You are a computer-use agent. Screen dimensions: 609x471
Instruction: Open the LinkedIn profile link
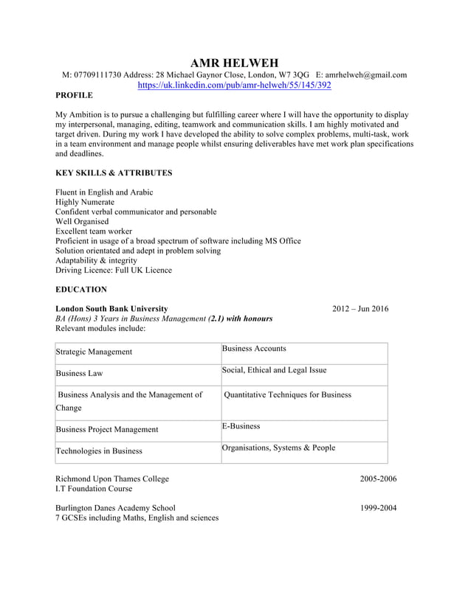click(235, 86)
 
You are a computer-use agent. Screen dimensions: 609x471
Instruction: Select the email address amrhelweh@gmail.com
click(366, 75)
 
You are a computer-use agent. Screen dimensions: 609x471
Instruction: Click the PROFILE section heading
click(75, 96)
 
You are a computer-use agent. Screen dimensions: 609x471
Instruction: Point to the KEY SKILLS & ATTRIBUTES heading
click(114, 173)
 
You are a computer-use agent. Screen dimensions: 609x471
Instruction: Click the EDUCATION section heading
click(81, 290)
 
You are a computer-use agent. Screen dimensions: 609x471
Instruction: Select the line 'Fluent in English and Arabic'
click(104, 192)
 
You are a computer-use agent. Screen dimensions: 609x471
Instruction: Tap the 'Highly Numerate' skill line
click(85, 202)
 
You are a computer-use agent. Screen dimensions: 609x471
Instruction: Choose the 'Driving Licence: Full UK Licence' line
click(114, 270)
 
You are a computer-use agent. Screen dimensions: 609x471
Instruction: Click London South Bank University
click(111, 309)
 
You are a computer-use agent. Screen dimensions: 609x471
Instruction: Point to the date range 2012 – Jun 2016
click(360, 309)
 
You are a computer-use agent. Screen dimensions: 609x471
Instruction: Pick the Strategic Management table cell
click(94, 352)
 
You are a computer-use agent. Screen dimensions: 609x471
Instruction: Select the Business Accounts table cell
click(254, 349)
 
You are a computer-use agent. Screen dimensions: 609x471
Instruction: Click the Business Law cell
click(79, 374)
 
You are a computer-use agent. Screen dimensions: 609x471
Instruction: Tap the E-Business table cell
click(241, 427)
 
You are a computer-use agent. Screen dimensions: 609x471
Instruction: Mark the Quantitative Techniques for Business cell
click(288, 395)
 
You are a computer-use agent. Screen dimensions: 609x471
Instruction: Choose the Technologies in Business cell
click(99, 451)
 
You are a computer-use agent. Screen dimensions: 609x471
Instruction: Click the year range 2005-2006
click(378, 479)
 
